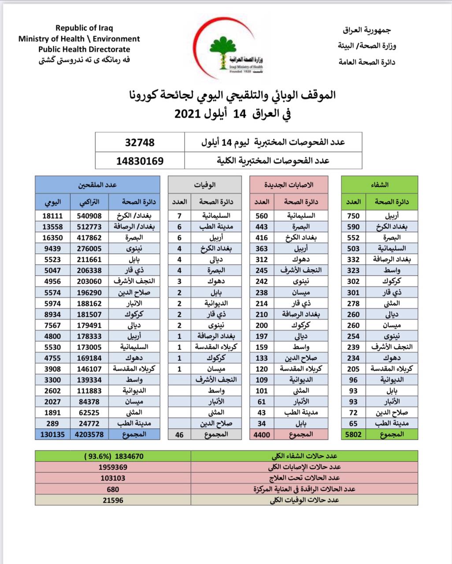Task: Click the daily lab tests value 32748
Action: [140, 142]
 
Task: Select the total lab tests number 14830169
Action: [140, 161]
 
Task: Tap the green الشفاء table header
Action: [380, 185]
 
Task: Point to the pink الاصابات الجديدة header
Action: [289, 185]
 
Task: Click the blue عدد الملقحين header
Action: [97, 185]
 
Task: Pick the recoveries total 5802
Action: [353, 434]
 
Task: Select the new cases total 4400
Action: [262, 434]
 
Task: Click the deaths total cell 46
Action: [179, 434]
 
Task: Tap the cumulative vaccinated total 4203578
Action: [88, 434]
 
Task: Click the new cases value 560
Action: [262, 216]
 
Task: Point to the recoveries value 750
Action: [353, 216]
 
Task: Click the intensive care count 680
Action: [113, 489]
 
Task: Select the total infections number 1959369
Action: [113, 467]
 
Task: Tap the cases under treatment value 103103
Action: [113, 478]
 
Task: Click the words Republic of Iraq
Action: [84, 28]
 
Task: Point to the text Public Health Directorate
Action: [84, 49]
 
